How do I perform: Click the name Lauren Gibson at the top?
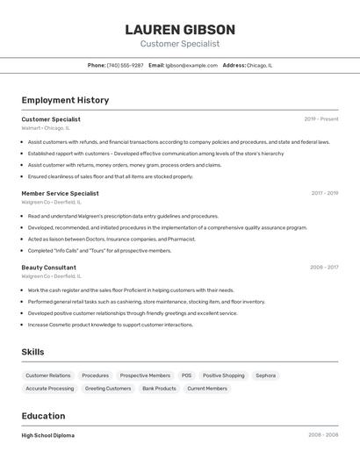pos(180,29)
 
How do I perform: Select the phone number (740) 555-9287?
pos(125,65)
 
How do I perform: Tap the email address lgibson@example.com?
pos(191,65)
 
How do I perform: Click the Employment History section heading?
pos(65,100)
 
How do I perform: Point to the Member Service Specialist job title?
pos(60,193)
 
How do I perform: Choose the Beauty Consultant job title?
pos(48,268)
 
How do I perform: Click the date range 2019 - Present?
pos(321,119)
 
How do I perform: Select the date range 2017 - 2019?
pos(325,193)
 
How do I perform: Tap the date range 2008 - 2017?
pos(324,268)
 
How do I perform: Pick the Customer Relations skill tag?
pos(48,376)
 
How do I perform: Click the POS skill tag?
pos(186,376)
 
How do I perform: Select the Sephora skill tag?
pos(265,376)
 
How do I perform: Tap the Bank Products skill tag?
pos(159,388)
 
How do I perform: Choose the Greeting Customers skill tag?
pos(108,388)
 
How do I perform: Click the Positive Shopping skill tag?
pos(224,376)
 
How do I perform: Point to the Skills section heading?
pos(33,352)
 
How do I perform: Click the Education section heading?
pos(43,416)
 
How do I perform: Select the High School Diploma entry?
pos(47,435)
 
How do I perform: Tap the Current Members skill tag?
pos(207,388)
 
